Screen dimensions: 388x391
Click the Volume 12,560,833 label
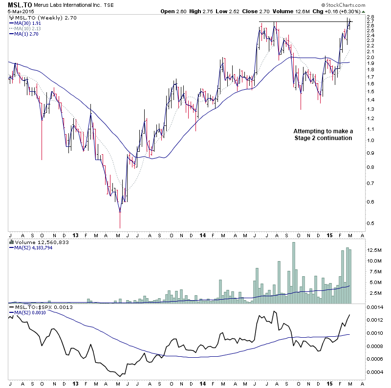pos(42,242)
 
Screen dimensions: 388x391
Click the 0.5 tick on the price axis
pos(372,224)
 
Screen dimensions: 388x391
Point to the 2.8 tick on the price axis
pos(372,18)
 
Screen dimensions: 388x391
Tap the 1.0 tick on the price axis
pos(372,141)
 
